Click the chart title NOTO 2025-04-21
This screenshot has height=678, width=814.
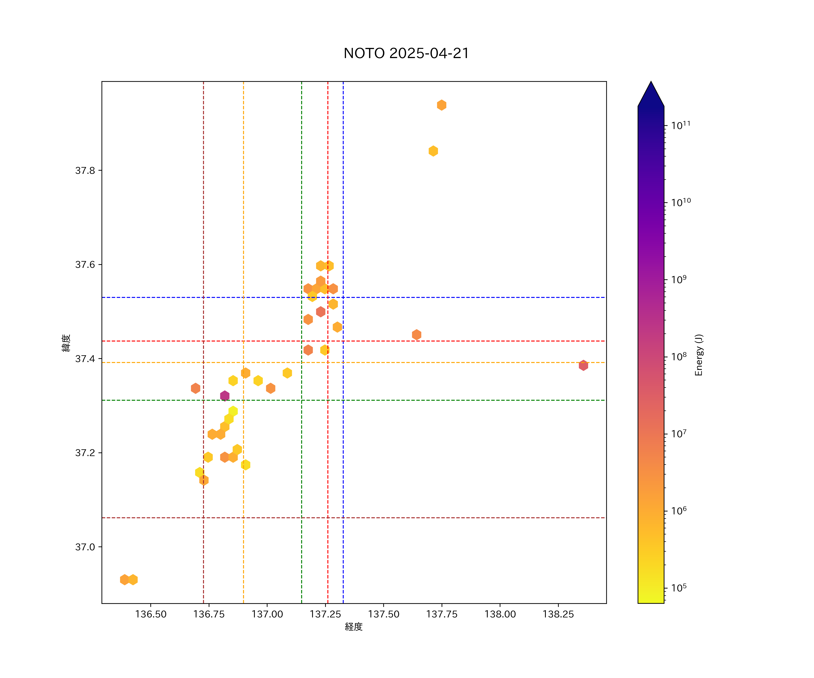coord(406,53)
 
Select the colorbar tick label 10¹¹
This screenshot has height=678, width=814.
coord(681,125)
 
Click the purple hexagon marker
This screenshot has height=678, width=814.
coord(225,395)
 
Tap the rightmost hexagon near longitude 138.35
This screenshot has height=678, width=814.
coord(583,365)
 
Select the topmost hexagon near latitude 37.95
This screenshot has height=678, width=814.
coord(442,105)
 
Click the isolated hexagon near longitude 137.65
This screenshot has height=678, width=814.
coord(416,334)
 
